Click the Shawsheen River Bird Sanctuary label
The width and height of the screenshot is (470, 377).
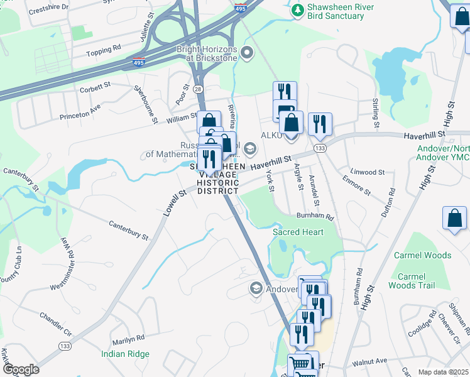tap(336, 11)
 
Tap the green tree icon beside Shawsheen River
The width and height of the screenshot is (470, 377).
tap(297, 9)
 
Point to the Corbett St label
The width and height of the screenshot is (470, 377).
tap(95, 89)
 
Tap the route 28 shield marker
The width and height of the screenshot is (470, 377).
tap(199, 90)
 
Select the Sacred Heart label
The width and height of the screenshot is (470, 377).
tap(298, 232)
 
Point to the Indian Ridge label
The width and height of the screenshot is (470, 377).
tap(126, 354)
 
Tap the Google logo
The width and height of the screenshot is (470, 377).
tap(21, 369)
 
